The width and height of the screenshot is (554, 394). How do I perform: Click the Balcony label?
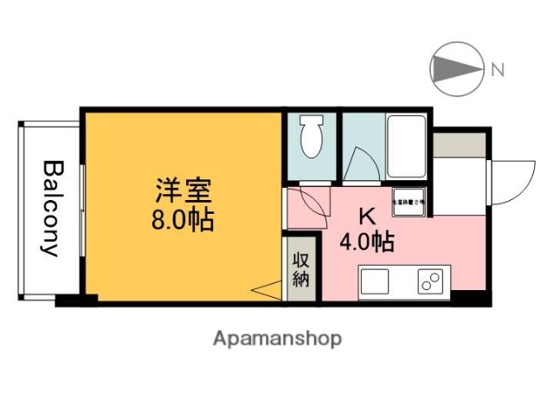(51, 209)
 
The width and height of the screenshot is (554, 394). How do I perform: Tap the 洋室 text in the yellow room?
(183, 189)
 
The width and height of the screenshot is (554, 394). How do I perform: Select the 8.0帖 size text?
(183, 218)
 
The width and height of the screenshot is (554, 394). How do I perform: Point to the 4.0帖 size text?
(368, 242)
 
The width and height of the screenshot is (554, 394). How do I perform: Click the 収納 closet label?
(300, 269)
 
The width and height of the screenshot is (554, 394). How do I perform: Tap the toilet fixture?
(310, 139)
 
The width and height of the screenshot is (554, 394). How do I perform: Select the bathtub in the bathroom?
(405, 145)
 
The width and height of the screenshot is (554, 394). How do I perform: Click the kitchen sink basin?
(375, 281)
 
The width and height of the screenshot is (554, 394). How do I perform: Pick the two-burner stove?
(430, 281)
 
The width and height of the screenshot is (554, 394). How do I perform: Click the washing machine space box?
(409, 202)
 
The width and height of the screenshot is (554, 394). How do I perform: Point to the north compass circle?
(458, 69)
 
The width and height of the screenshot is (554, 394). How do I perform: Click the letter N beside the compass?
(498, 69)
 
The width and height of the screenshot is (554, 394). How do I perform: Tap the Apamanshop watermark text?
(277, 338)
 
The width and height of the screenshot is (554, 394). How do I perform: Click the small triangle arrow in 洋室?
(269, 291)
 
